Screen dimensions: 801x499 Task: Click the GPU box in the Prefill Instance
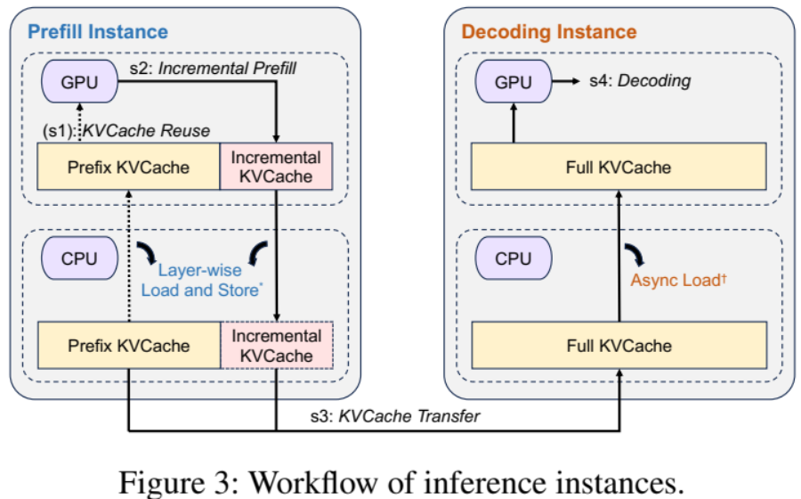click(79, 81)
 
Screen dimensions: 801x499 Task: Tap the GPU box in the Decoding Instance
click(514, 81)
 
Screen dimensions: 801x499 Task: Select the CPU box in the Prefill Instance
click(79, 258)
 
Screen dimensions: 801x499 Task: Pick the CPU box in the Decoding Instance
click(514, 258)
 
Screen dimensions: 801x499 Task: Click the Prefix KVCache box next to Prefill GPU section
click(128, 167)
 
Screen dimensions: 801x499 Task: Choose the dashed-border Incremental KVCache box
click(277, 345)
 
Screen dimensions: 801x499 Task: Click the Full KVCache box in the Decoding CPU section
click(619, 345)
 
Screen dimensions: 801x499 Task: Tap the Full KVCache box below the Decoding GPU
click(619, 167)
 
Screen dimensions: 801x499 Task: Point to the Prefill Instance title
click(98, 32)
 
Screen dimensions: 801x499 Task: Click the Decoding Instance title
click(549, 32)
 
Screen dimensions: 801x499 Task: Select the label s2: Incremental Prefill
click(213, 68)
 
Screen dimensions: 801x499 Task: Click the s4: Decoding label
click(640, 81)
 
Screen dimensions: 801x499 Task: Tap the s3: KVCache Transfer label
click(395, 416)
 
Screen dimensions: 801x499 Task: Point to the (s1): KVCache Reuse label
click(126, 131)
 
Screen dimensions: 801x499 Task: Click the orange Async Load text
click(678, 280)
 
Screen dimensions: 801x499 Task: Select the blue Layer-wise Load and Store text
click(201, 280)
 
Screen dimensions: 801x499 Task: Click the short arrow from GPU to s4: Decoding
click(566, 81)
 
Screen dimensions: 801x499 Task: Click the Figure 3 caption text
click(401, 482)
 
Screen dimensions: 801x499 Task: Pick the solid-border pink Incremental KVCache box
click(276, 167)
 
